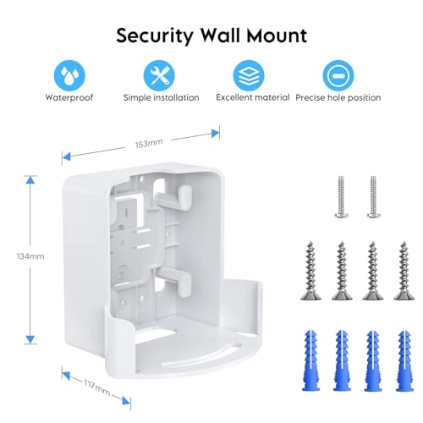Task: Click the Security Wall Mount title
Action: pyautogui.click(x=211, y=36)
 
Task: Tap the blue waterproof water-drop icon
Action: pyautogui.click(x=69, y=74)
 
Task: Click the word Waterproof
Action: pyautogui.click(x=69, y=97)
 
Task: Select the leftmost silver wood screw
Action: pyautogui.click(x=306, y=268)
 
